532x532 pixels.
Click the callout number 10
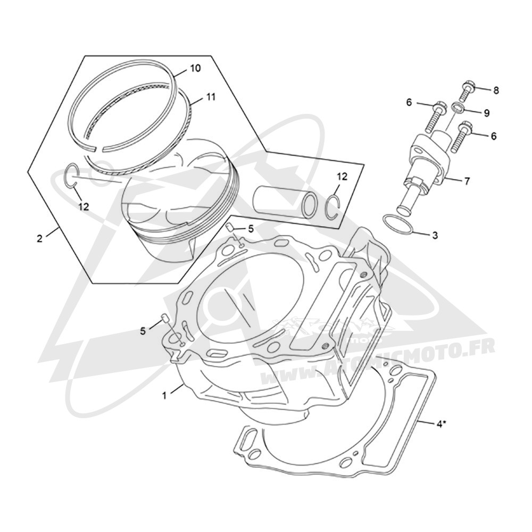(195, 68)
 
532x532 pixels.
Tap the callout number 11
(210, 97)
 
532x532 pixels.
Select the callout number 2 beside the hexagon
(40, 238)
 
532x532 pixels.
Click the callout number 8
(496, 90)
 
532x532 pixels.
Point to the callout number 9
(487, 113)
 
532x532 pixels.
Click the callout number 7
(467, 181)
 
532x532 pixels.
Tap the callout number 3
(435, 235)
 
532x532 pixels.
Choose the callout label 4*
(440, 424)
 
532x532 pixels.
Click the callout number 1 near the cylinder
(164, 396)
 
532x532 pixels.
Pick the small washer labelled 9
(458, 108)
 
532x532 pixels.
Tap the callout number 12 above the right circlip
(342, 177)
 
